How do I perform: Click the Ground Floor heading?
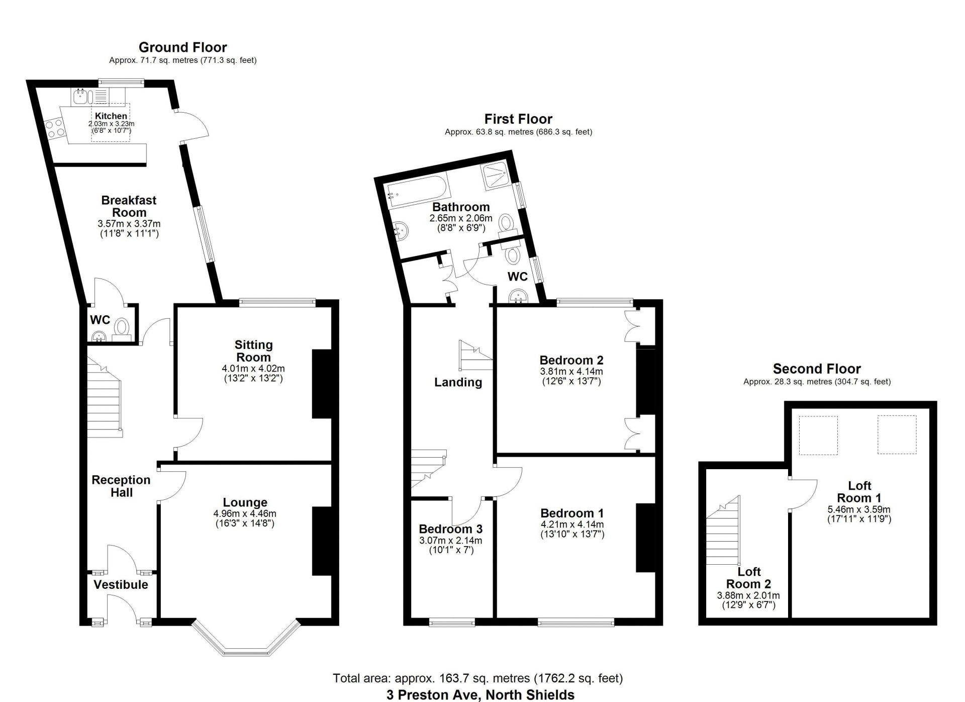pos(183,47)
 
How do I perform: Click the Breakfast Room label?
pos(129,206)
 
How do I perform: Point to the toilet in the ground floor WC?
pos(121,328)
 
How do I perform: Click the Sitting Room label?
pos(253,351)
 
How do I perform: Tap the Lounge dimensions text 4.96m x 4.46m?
pos(245,514)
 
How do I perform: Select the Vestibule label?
pos(121,584)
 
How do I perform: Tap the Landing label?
pos(458,382)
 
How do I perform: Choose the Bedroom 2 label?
pos(571,360)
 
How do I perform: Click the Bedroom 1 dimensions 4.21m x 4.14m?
pos(572,524)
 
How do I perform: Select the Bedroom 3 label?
pos(450,529)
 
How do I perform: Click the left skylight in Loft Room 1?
pos(818,435)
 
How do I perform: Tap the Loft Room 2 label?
pos(748,578)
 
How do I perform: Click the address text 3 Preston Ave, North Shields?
pos(480,695)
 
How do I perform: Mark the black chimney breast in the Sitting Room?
pos(322,384)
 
